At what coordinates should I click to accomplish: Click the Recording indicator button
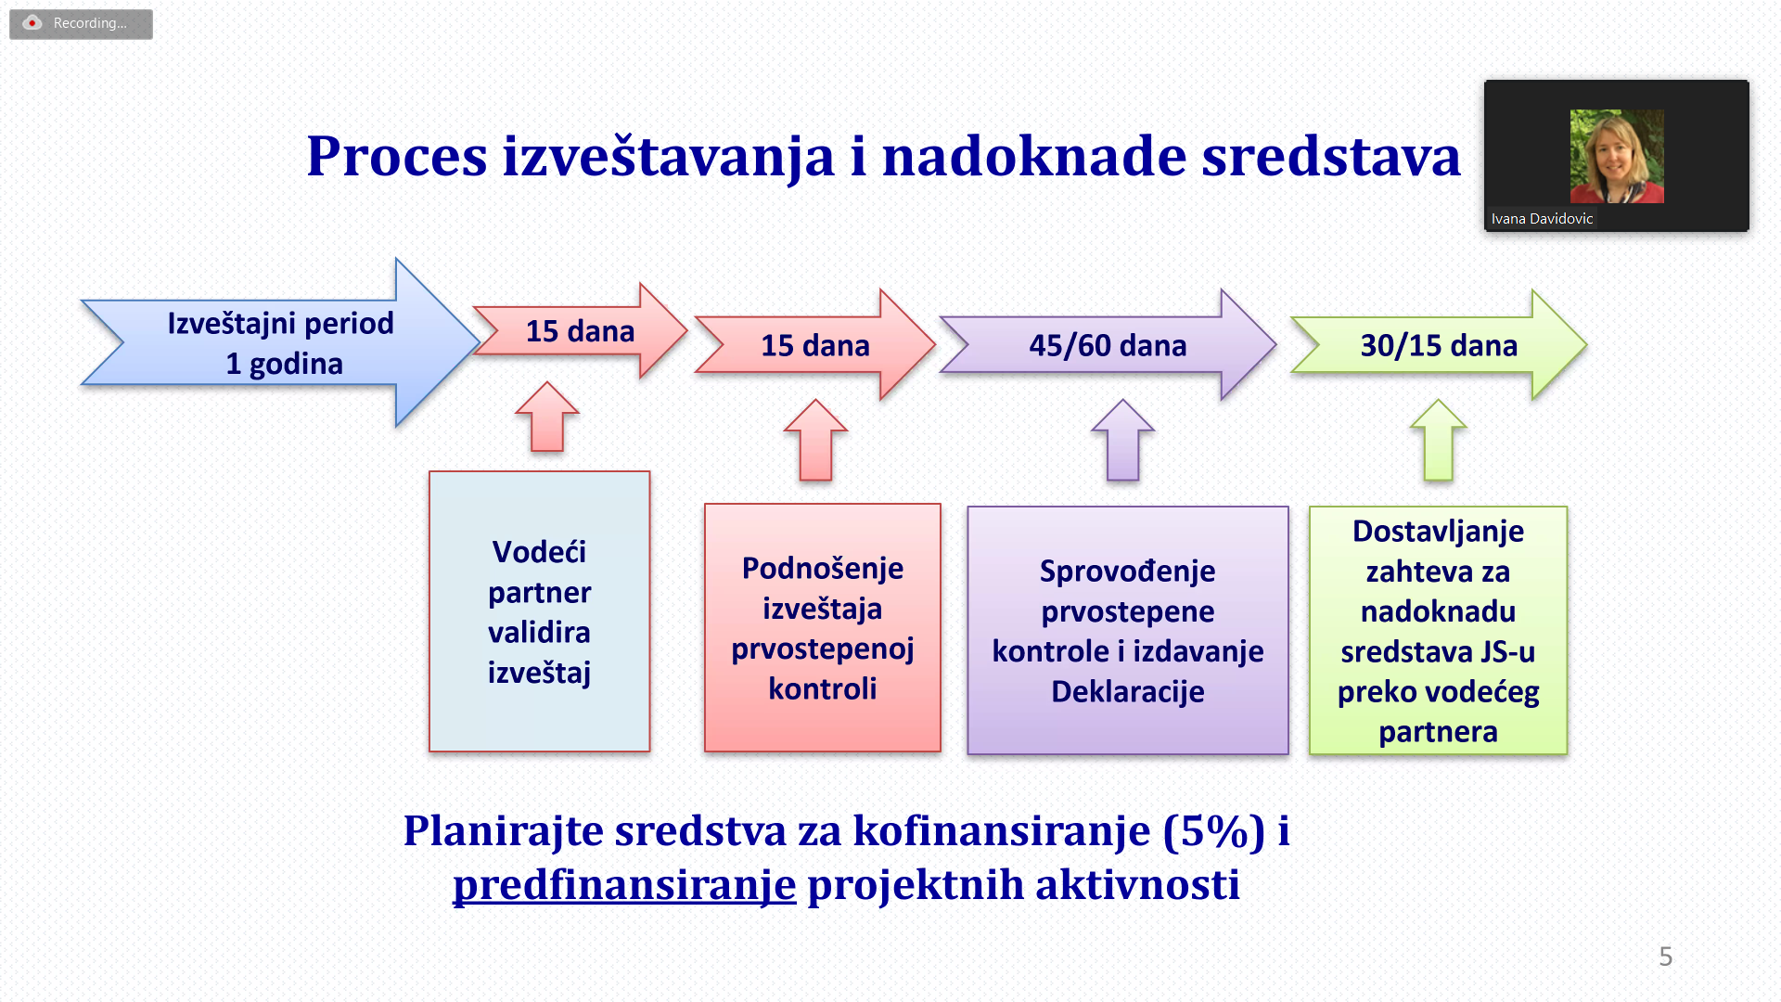coord(81,24)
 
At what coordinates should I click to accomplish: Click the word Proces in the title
coord(397,156)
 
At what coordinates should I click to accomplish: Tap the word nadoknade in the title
coord(1033,156)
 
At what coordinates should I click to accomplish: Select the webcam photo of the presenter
coord(1617,156)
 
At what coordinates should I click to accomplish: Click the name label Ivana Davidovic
coord(1542,219)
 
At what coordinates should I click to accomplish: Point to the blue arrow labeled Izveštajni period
coord(278,342)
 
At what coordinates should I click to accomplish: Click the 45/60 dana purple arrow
coord(1108,344)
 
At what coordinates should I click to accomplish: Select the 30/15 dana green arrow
coord(1439,344)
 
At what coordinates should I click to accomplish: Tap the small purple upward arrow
coord(1123,440)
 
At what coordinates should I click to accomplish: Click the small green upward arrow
coord(1439,440)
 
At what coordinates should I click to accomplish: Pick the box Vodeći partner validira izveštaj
coord(540,611)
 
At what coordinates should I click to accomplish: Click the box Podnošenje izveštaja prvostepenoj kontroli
coord(823,628)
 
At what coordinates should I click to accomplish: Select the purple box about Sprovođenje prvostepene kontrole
coord(1128,630)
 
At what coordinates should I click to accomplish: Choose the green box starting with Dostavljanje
coord(1439,630)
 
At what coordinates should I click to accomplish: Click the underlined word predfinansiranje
coord(624,885)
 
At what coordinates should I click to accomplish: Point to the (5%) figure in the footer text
coord(1214,831)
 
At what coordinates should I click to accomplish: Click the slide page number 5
coord(1666,957)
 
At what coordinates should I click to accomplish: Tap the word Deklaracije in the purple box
coord(1128,692)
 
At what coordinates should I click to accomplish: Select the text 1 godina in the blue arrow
coord(285,365)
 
